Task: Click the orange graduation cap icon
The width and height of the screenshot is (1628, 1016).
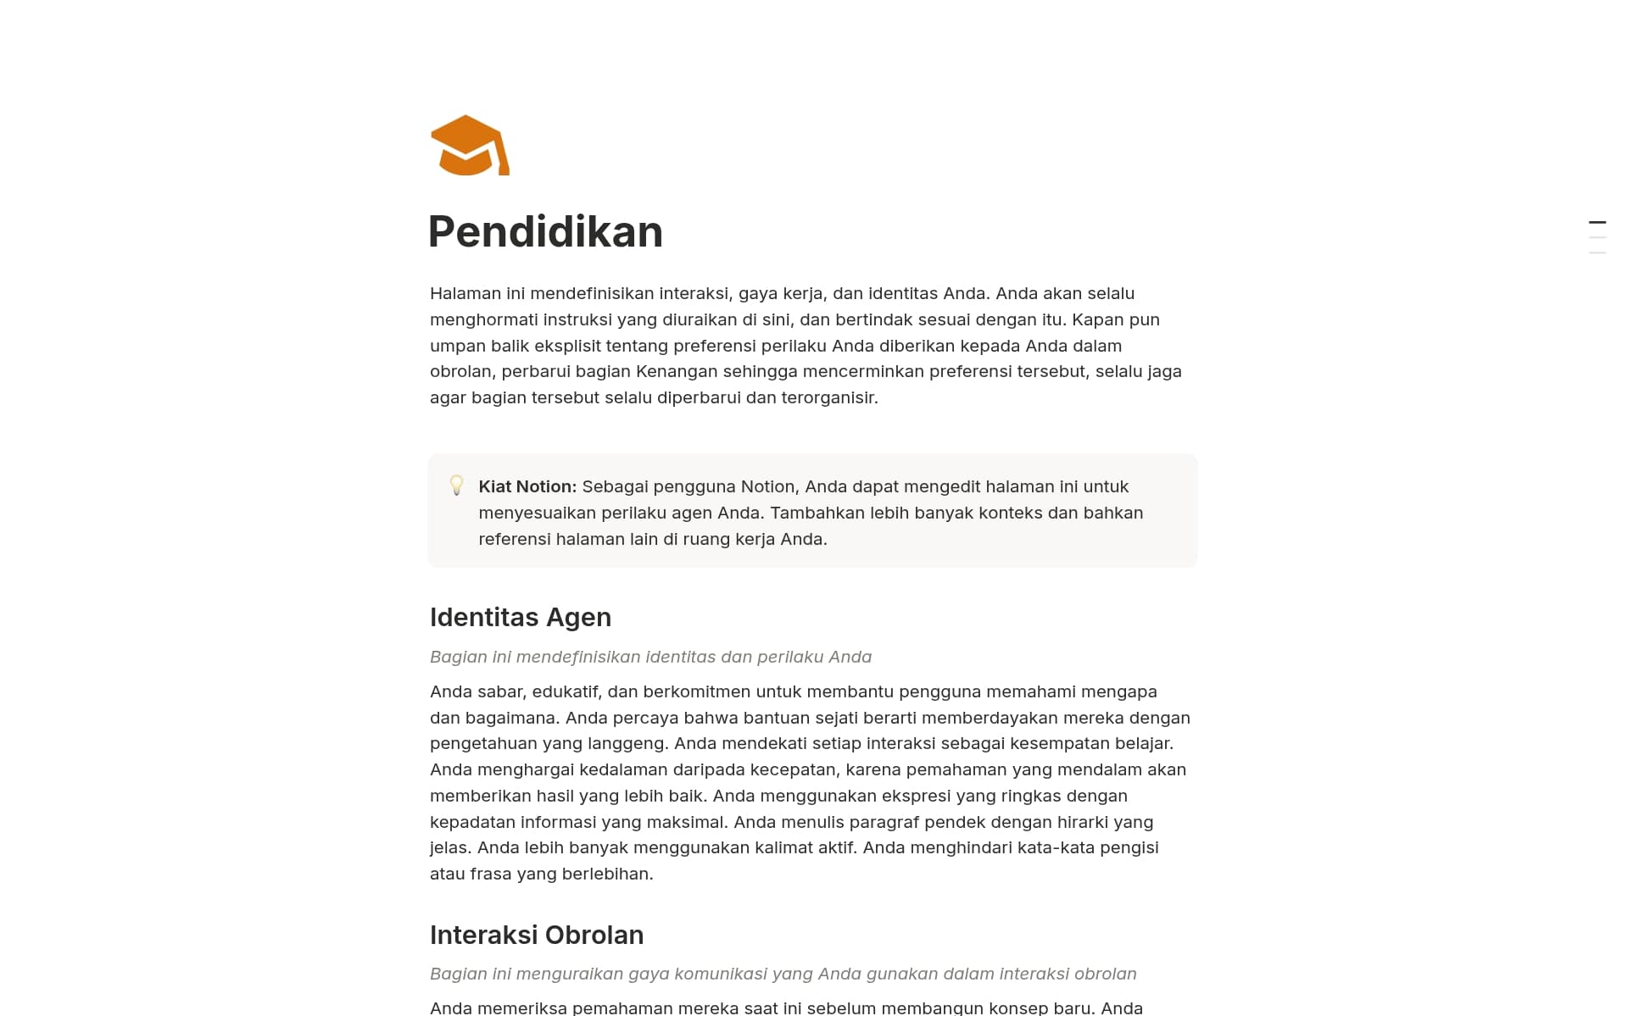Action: pos(470,146)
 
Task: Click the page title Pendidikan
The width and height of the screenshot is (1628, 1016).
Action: pos(545,231)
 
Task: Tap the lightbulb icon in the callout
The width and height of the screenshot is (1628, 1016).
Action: pos(456,486)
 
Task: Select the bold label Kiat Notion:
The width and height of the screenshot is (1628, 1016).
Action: pos(527,486)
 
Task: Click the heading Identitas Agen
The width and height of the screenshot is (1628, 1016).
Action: pos(520,617)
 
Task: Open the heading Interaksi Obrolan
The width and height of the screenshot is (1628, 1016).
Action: pos(536,935)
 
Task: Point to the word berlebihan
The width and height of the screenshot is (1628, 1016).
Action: pos(608,874)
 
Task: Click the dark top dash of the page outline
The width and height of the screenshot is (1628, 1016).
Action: pos(1597,223)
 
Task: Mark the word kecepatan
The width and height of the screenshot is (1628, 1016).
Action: pos(796,769)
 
